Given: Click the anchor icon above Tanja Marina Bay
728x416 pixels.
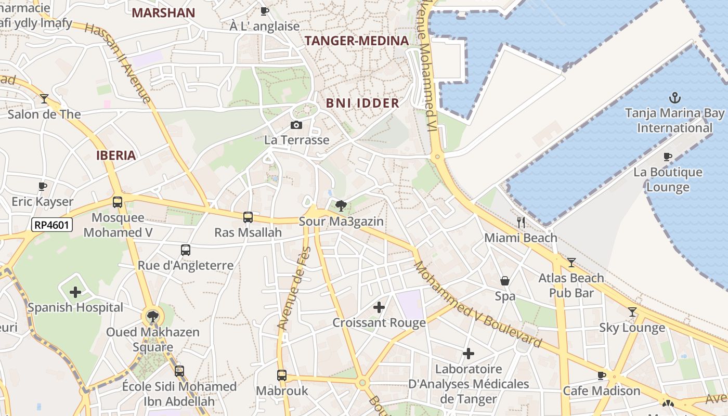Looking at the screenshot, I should pyautogui.click(x=674, y=97).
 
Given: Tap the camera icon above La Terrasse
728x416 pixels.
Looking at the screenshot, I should pyautogui.click(x=296, y=125).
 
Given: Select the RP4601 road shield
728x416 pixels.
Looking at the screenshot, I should pyautogui.click(x=52, y=225).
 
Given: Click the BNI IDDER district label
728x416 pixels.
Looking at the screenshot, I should pyautogui.click(x=362, y=103).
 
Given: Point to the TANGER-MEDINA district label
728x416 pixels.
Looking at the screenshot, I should pyautogui.click(x=357, y=41).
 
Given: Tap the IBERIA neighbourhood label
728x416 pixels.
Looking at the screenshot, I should pyautogui.click(x=116, y=155).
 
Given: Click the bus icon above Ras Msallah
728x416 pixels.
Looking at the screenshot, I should pyautogui.click(x=248, y=217).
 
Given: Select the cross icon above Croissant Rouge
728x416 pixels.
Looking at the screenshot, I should pyautogui.click(x=379, y=307).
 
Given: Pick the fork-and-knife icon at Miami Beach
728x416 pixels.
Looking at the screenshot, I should pyautogui.click(x=521, y=223).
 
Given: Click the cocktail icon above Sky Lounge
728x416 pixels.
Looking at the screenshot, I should pyautogui.click(x=632, y=312).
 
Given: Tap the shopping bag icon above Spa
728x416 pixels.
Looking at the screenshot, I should pyautogui.click(x=504, y=281).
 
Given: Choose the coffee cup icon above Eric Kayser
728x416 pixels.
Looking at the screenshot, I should pyautogui.click(x=43, y=186).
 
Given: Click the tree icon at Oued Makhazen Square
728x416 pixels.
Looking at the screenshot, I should pyautogui.click(x=152, y=316).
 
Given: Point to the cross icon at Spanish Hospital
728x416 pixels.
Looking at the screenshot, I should pyautogui.click(x=75, y=292).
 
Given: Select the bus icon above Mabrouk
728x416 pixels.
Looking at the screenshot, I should pyautogui.click(x=282, y=375).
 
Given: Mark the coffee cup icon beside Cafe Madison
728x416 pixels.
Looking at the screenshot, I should pyautogui.click(x=602, y=375).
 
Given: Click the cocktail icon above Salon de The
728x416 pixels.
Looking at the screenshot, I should pyautogui.click(x=44, y=98).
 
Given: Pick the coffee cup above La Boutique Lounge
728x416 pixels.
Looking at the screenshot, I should pyautogui.click(x=668, y=157).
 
